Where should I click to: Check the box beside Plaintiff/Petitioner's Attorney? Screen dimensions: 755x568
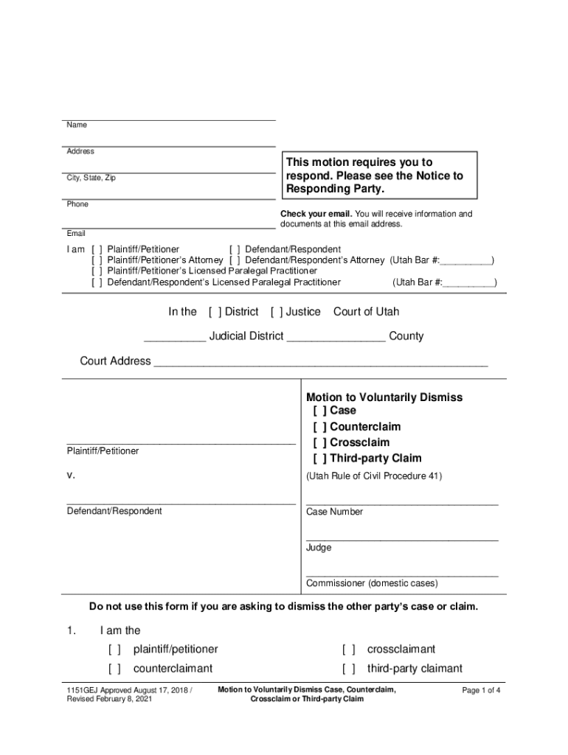tap(97, 260)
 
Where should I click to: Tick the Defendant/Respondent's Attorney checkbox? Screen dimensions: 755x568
tap(234, 260)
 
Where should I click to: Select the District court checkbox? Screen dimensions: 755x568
tap(215, 312)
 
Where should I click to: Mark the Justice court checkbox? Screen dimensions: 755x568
tap(277, 312)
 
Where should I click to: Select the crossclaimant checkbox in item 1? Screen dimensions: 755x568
tap(348, 650)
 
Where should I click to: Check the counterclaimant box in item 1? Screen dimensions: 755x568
tap(114, 669)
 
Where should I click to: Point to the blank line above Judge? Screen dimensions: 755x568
tap(402, 539)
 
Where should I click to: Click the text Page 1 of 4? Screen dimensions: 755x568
tap(481, 691)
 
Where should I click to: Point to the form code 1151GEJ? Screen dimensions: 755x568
tap(83, 691)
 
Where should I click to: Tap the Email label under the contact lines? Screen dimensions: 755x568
tap(76, 234)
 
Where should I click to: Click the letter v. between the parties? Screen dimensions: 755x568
tap(71, 476)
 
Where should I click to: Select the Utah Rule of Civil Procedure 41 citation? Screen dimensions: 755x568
tap(374, 476)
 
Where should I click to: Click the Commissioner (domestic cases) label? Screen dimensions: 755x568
tap(372, 583)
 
